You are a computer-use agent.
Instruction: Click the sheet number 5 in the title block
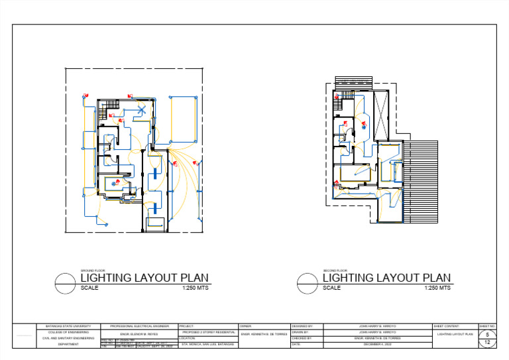pos(487,335)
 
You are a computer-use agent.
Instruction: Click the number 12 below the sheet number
pos(487,343)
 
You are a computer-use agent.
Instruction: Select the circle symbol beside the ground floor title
pos(65,283)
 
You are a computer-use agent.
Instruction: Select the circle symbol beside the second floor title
pos(308,283)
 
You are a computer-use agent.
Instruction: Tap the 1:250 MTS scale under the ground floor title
pos(195,288)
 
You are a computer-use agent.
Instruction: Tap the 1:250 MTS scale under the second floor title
pos(437,288)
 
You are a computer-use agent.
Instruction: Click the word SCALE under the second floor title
pos(331,288)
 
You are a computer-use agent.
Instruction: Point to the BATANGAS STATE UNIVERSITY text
pos(68,327)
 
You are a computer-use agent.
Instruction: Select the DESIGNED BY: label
pos(302,327)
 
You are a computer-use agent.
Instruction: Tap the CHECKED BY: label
pos(302,338)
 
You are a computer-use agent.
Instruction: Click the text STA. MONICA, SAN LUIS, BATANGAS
pos(207,345)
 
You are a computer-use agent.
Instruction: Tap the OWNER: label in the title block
pos(245,327)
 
